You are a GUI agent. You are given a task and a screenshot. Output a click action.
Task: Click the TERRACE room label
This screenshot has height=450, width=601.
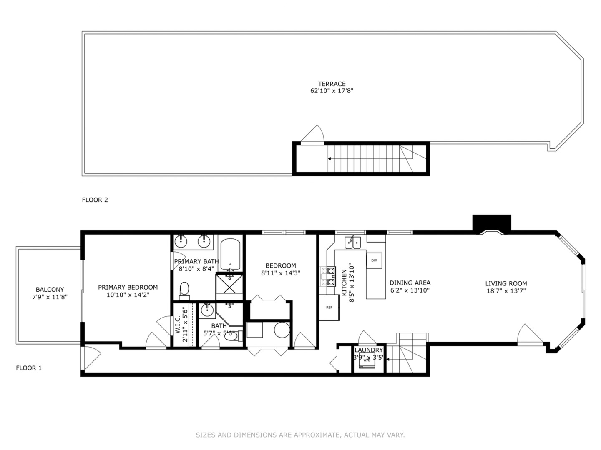tap(332, 84)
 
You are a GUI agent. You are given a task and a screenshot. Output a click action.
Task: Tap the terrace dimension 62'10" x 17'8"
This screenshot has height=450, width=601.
tap(332, 91)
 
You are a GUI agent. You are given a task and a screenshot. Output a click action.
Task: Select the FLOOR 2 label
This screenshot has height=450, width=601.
tap(95, 200)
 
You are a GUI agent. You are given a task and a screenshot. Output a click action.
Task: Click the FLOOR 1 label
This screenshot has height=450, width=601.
tap(29, 368)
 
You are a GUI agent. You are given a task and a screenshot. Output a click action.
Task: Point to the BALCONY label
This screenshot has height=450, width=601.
tap(50, 290)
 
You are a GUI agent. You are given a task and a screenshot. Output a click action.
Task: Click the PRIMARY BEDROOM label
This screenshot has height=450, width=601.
tap(128, 287)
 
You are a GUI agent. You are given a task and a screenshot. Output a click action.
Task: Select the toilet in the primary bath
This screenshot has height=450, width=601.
tap(184, 290)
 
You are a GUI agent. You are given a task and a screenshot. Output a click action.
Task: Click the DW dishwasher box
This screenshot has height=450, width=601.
tap(374, 260)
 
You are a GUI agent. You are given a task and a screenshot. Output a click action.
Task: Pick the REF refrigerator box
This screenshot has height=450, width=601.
tap(329, 307)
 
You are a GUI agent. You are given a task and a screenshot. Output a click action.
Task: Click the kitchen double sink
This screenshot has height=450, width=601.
tap(352, 242)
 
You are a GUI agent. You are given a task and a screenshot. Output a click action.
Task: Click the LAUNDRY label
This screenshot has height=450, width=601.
tap(368, 350)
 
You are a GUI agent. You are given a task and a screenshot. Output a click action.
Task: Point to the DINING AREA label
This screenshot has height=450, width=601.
tap(410, 283)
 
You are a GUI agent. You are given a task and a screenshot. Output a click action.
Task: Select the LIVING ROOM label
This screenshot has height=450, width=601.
tap(505, 283)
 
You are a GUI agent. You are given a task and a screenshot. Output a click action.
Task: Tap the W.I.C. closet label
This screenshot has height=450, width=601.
tap(178, 324)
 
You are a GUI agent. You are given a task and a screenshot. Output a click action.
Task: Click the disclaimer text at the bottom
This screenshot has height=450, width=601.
tap(300, 435)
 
